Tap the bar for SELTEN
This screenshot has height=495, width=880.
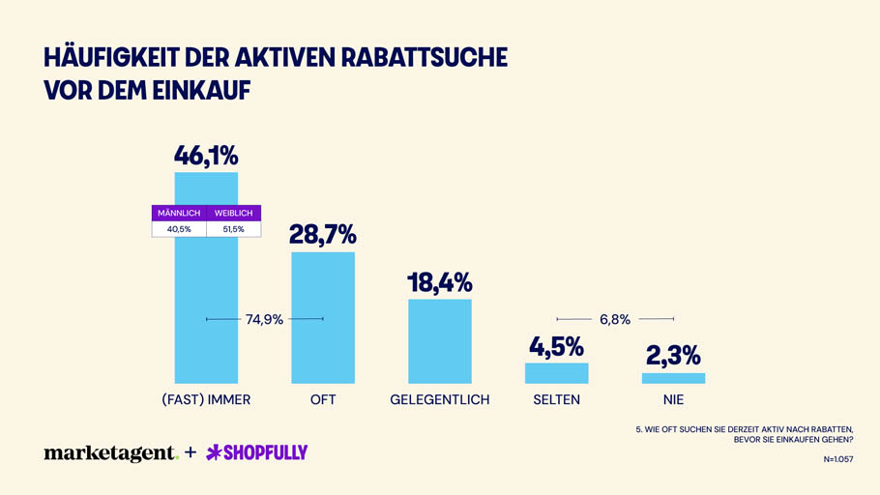click(x=556, y=373)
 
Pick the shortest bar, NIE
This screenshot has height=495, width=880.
click(x=673, y=378)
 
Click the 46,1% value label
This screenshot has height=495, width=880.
click(x=206, y=155)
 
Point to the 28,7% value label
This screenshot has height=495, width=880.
click(x=323, y=234)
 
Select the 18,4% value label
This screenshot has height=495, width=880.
click(x=440, y=282)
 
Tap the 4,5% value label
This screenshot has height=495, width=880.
click(x=556, y=346)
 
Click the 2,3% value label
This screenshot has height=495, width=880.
click(x=673, y=356)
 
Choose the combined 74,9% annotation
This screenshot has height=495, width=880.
click(x=264, y=319)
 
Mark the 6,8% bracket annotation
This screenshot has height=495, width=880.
click(x=615, y=319)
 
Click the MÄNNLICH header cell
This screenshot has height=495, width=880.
click(x=179, y=213)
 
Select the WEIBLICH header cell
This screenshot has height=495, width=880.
click(x=233, y=213)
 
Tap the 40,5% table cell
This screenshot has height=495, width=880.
click(x=179, y=229)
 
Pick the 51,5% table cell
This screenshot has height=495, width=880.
click(x=233, y=229)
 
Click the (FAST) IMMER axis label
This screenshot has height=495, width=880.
click(x=206, y=399)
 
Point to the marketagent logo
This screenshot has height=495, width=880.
click(x=110, y=452)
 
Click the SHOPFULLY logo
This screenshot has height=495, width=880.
click(x=257, y=452)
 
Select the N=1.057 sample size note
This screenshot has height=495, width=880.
click(x=837, y=459)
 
